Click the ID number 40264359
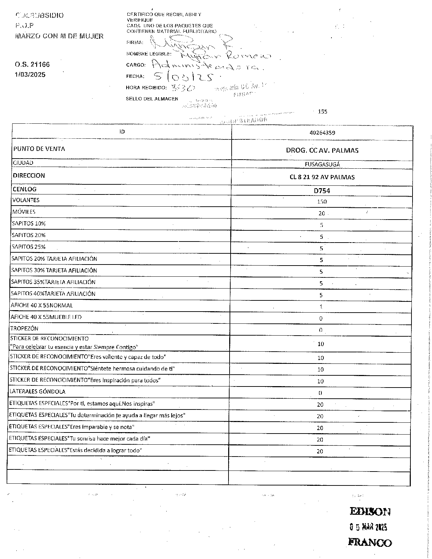322,133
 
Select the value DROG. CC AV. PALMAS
322,151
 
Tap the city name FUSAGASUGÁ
322,164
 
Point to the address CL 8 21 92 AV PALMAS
322,177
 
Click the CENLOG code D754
322,191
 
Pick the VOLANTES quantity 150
322,201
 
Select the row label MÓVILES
24,212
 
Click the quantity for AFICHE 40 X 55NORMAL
321,307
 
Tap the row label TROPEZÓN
24,329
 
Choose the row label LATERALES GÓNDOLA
38,392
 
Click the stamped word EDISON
370,512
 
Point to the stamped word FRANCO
370,543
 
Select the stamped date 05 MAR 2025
368,527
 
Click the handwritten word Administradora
207,65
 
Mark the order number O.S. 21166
32,64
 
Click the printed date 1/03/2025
30,75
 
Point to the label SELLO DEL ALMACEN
152,99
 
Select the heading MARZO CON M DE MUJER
59,36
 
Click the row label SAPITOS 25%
29,247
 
